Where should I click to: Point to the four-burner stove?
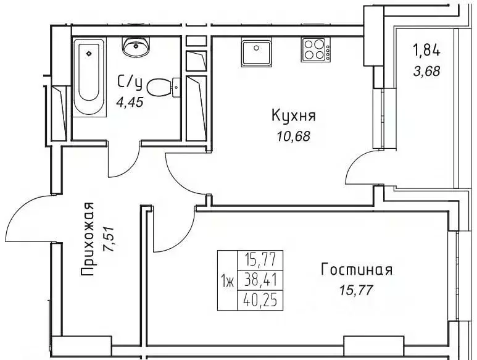coord(314,50)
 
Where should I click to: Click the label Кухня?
coord(294,115)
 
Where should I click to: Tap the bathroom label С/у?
coord(130,82)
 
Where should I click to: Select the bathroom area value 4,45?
coord(130,103)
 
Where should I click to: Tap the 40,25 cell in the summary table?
coord(259,302)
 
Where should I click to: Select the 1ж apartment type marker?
coord(226,282)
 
